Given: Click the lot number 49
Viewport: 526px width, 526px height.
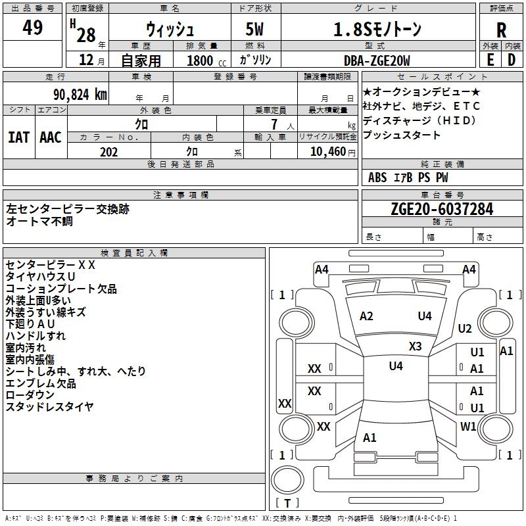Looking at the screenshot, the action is click(x=32, y=28).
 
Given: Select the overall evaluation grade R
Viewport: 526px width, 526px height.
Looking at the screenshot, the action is click(x=502, y=30).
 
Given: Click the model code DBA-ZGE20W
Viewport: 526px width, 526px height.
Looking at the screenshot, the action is click(x=377, y=60).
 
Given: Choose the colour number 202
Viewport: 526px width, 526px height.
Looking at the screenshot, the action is click(x=108, y=152).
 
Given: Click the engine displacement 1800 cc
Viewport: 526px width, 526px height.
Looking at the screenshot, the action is click(x=205, y=60).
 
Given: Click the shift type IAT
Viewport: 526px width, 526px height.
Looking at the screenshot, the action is click(x=18, y=137).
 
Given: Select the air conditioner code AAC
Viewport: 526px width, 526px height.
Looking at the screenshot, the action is click(x=51, y=137).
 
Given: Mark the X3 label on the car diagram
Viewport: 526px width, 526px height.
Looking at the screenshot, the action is click(x=415, y=347).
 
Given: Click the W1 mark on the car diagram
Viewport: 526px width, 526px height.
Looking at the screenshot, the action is click(x=468, y=427).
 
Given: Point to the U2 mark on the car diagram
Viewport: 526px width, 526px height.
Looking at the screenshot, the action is click(x=465, y=329).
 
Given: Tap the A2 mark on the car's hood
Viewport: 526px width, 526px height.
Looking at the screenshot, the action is click(x=366, y=316).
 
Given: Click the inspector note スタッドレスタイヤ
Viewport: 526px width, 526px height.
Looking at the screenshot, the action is click(x=49, y=406).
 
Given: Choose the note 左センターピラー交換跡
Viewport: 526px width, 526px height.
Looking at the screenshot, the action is click(x=68, y=208).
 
